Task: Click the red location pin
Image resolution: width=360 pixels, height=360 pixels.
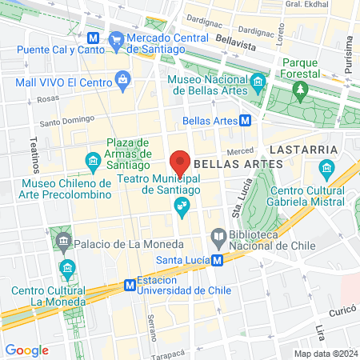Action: point(180,162)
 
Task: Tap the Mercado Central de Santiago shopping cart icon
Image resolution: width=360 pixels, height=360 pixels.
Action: point(116,38)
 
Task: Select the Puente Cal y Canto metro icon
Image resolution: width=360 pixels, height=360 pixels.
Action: point(94,38)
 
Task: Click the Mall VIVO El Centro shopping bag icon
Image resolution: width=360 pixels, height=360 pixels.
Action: point(122,78)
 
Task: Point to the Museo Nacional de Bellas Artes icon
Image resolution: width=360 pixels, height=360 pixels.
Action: point(258,82)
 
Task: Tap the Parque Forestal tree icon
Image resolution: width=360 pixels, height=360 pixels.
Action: point(300,90)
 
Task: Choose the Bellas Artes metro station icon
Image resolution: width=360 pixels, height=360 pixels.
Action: point(245,121)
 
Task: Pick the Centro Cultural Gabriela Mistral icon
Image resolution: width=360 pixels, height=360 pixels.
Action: point(326,169)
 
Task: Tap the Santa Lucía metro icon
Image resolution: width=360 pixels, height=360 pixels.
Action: point(216,260)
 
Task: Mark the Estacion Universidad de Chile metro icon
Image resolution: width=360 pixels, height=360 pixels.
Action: point(129,286)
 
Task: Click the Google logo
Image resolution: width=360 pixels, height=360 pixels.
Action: point(26,350)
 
